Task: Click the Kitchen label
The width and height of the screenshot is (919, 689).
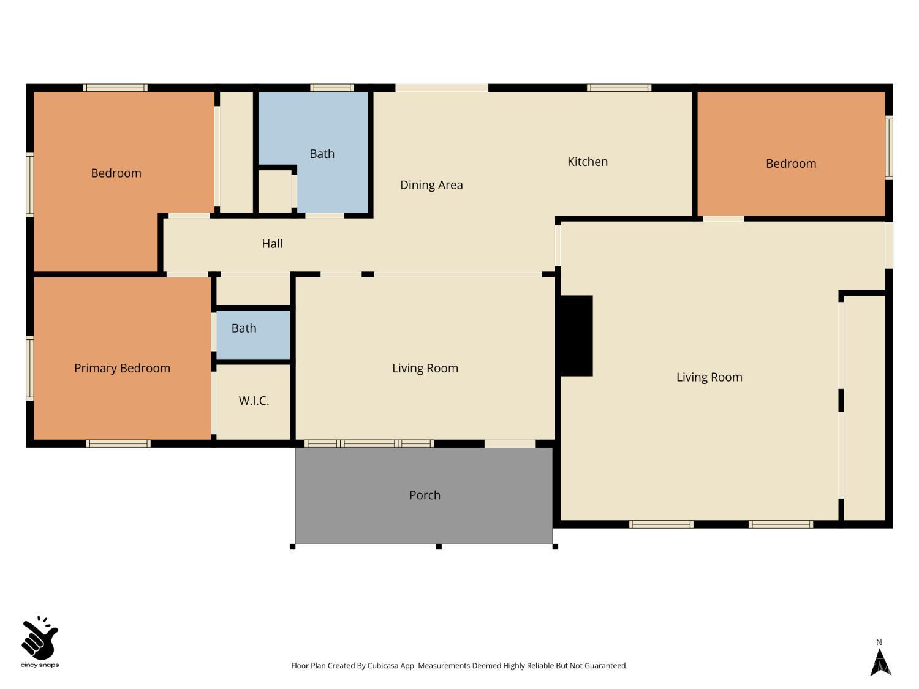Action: pos(587,162)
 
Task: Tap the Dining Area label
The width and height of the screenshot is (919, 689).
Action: pos(431,185)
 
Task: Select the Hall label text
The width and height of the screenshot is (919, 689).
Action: pos(272,244)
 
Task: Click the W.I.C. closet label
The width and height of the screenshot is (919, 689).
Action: pos(254,401)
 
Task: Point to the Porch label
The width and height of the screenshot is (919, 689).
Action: pos(425,495)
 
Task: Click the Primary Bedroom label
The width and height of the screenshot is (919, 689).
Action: pos(122,368)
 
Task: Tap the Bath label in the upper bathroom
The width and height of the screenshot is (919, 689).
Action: pos(322,154)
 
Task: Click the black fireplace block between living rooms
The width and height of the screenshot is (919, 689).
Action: pos(576,336)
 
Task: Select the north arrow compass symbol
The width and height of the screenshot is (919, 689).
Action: pos(880,660)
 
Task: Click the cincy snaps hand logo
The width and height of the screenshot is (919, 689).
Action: pos(40,639)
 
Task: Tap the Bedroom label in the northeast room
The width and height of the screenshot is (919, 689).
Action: pos(790,164)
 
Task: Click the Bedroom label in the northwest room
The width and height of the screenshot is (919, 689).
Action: pos(116,173)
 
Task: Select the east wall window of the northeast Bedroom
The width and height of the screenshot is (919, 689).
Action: pos(889,148)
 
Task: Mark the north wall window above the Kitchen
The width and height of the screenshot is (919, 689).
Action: pos(619,88)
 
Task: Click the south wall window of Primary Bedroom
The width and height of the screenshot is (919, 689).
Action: pos(118,443)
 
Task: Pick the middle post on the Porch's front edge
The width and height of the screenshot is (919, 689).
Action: pos(439,546)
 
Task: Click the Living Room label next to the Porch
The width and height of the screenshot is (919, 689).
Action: pos(425,368)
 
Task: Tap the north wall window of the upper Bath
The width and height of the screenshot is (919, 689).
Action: pos(331,88)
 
